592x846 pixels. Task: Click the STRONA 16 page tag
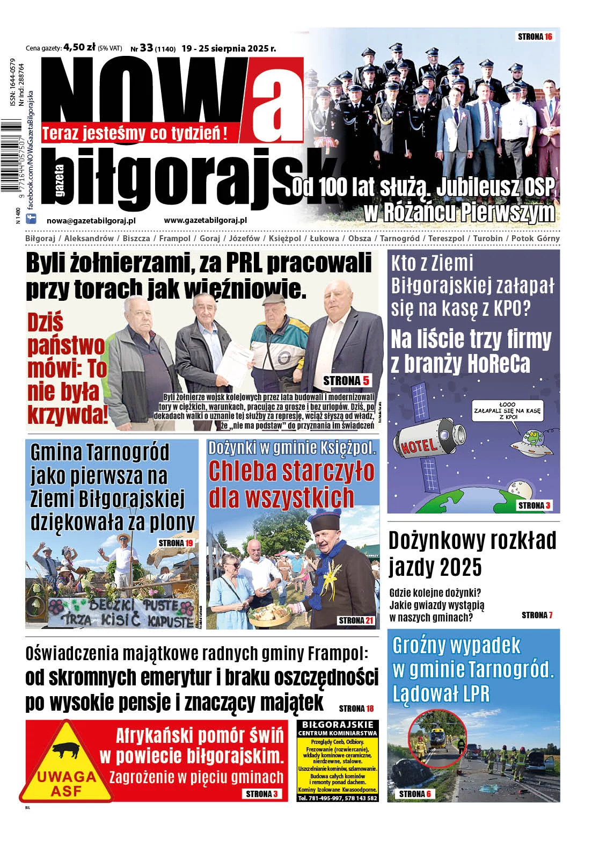pos(535,37)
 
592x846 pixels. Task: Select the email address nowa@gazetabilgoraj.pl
pos(91,220)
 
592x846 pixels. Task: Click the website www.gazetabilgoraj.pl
pos(205,220)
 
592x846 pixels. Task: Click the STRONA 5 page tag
pos(346,381)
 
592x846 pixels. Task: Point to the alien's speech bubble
pos(507,410)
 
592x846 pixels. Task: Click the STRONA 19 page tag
pos(176,543)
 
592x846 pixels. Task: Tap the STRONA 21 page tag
pos(356,620)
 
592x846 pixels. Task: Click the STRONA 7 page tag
pos(537,615)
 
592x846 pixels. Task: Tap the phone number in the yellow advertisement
pos(338,798)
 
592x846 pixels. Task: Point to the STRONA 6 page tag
pos(415,794)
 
